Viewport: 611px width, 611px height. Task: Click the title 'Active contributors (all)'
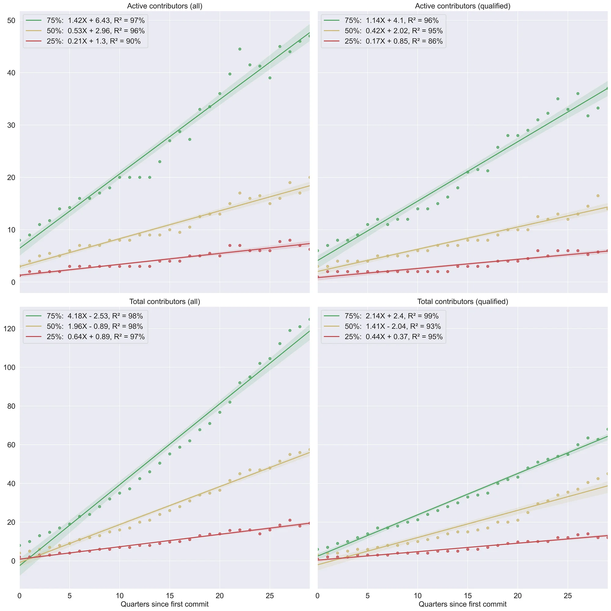pyautogui.click(x=165, y=6)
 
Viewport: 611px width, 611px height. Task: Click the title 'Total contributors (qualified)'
pyautogui.click(x=462, y=302)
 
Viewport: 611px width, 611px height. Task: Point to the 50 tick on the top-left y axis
pyautogui.click(x=11, y=20)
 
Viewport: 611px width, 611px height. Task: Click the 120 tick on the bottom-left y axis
pyautogui.click(x=9, y=329)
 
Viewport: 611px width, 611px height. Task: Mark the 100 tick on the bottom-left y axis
pyautogui.click(x=9, y=367)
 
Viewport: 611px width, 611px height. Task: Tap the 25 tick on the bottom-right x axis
pyautogui.click(x=568, y=596)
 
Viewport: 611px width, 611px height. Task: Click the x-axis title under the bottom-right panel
pyautogui.click(x=462, y=604)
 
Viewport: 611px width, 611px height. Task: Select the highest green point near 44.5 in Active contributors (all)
pyautogui.click(x=240, y=49)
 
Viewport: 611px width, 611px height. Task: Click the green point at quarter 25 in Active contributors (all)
pyautogui.click(x=270, y=78)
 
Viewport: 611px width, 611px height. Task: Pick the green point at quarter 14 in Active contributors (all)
pyautogui.click(x=159, y=162)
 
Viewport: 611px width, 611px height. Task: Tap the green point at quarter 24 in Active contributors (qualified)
pyautogui.click(x=558, y=99)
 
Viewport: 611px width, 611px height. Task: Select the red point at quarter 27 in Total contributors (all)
pyautogui.click(x=290, y=520)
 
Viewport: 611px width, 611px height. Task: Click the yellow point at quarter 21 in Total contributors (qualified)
pyautogui.click(x=528, y=512)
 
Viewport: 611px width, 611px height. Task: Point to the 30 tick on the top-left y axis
pyautogui.click(x=11, y=125)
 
